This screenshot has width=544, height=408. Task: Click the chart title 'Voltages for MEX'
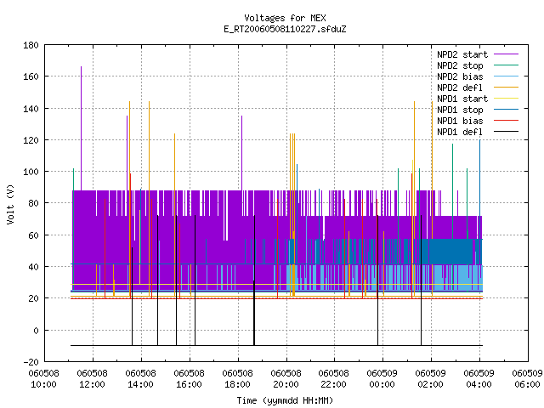pos(285,18)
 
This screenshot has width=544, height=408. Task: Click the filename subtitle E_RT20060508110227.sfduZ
pos(285,29)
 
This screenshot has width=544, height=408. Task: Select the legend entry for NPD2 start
pos(478,54)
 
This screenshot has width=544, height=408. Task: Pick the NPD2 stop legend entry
pos(478,65)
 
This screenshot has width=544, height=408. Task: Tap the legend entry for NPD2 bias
pos(478,76)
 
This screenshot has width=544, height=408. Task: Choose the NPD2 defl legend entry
pos(478,88)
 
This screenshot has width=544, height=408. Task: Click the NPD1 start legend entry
pos(478,99)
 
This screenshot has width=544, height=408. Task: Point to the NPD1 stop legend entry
pos(478,110)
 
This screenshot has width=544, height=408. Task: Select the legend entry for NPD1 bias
pos(478,121)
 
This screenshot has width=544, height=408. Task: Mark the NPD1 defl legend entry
pos(478,133)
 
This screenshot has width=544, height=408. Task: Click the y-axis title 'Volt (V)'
pos(10,204)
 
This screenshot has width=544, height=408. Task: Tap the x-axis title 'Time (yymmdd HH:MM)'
pos(285,400)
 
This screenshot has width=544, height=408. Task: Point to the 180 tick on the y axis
pos(31,45)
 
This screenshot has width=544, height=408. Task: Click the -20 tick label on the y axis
pos(31,362)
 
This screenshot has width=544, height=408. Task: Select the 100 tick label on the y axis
pos(31,172)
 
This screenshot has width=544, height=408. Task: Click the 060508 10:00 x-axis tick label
pos(43,379)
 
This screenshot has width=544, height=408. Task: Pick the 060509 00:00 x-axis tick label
pos(382,379)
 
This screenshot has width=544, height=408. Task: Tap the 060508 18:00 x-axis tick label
pos(237,379)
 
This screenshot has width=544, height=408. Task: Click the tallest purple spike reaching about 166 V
pos(82,128)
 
